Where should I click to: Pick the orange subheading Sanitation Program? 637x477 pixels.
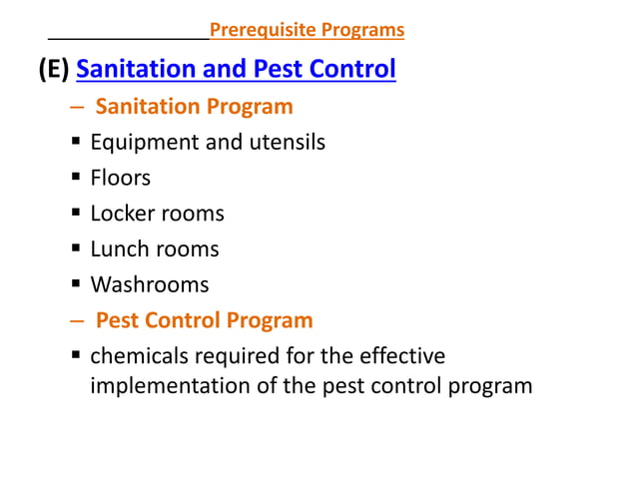(195, 107)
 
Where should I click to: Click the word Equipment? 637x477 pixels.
(144, 143)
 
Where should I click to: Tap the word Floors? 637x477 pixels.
(121, 178)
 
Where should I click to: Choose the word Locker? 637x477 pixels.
(122, 214)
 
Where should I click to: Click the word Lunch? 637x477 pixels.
(120, 249)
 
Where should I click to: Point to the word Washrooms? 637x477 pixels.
(150, 285)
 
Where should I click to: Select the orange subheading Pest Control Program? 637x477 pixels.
(205, 321)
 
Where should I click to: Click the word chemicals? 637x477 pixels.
(139, 356)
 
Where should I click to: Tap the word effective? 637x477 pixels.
(401, 356)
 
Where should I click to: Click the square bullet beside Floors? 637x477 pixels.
(76, 179)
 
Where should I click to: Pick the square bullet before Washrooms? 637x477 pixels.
(76, 285)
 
